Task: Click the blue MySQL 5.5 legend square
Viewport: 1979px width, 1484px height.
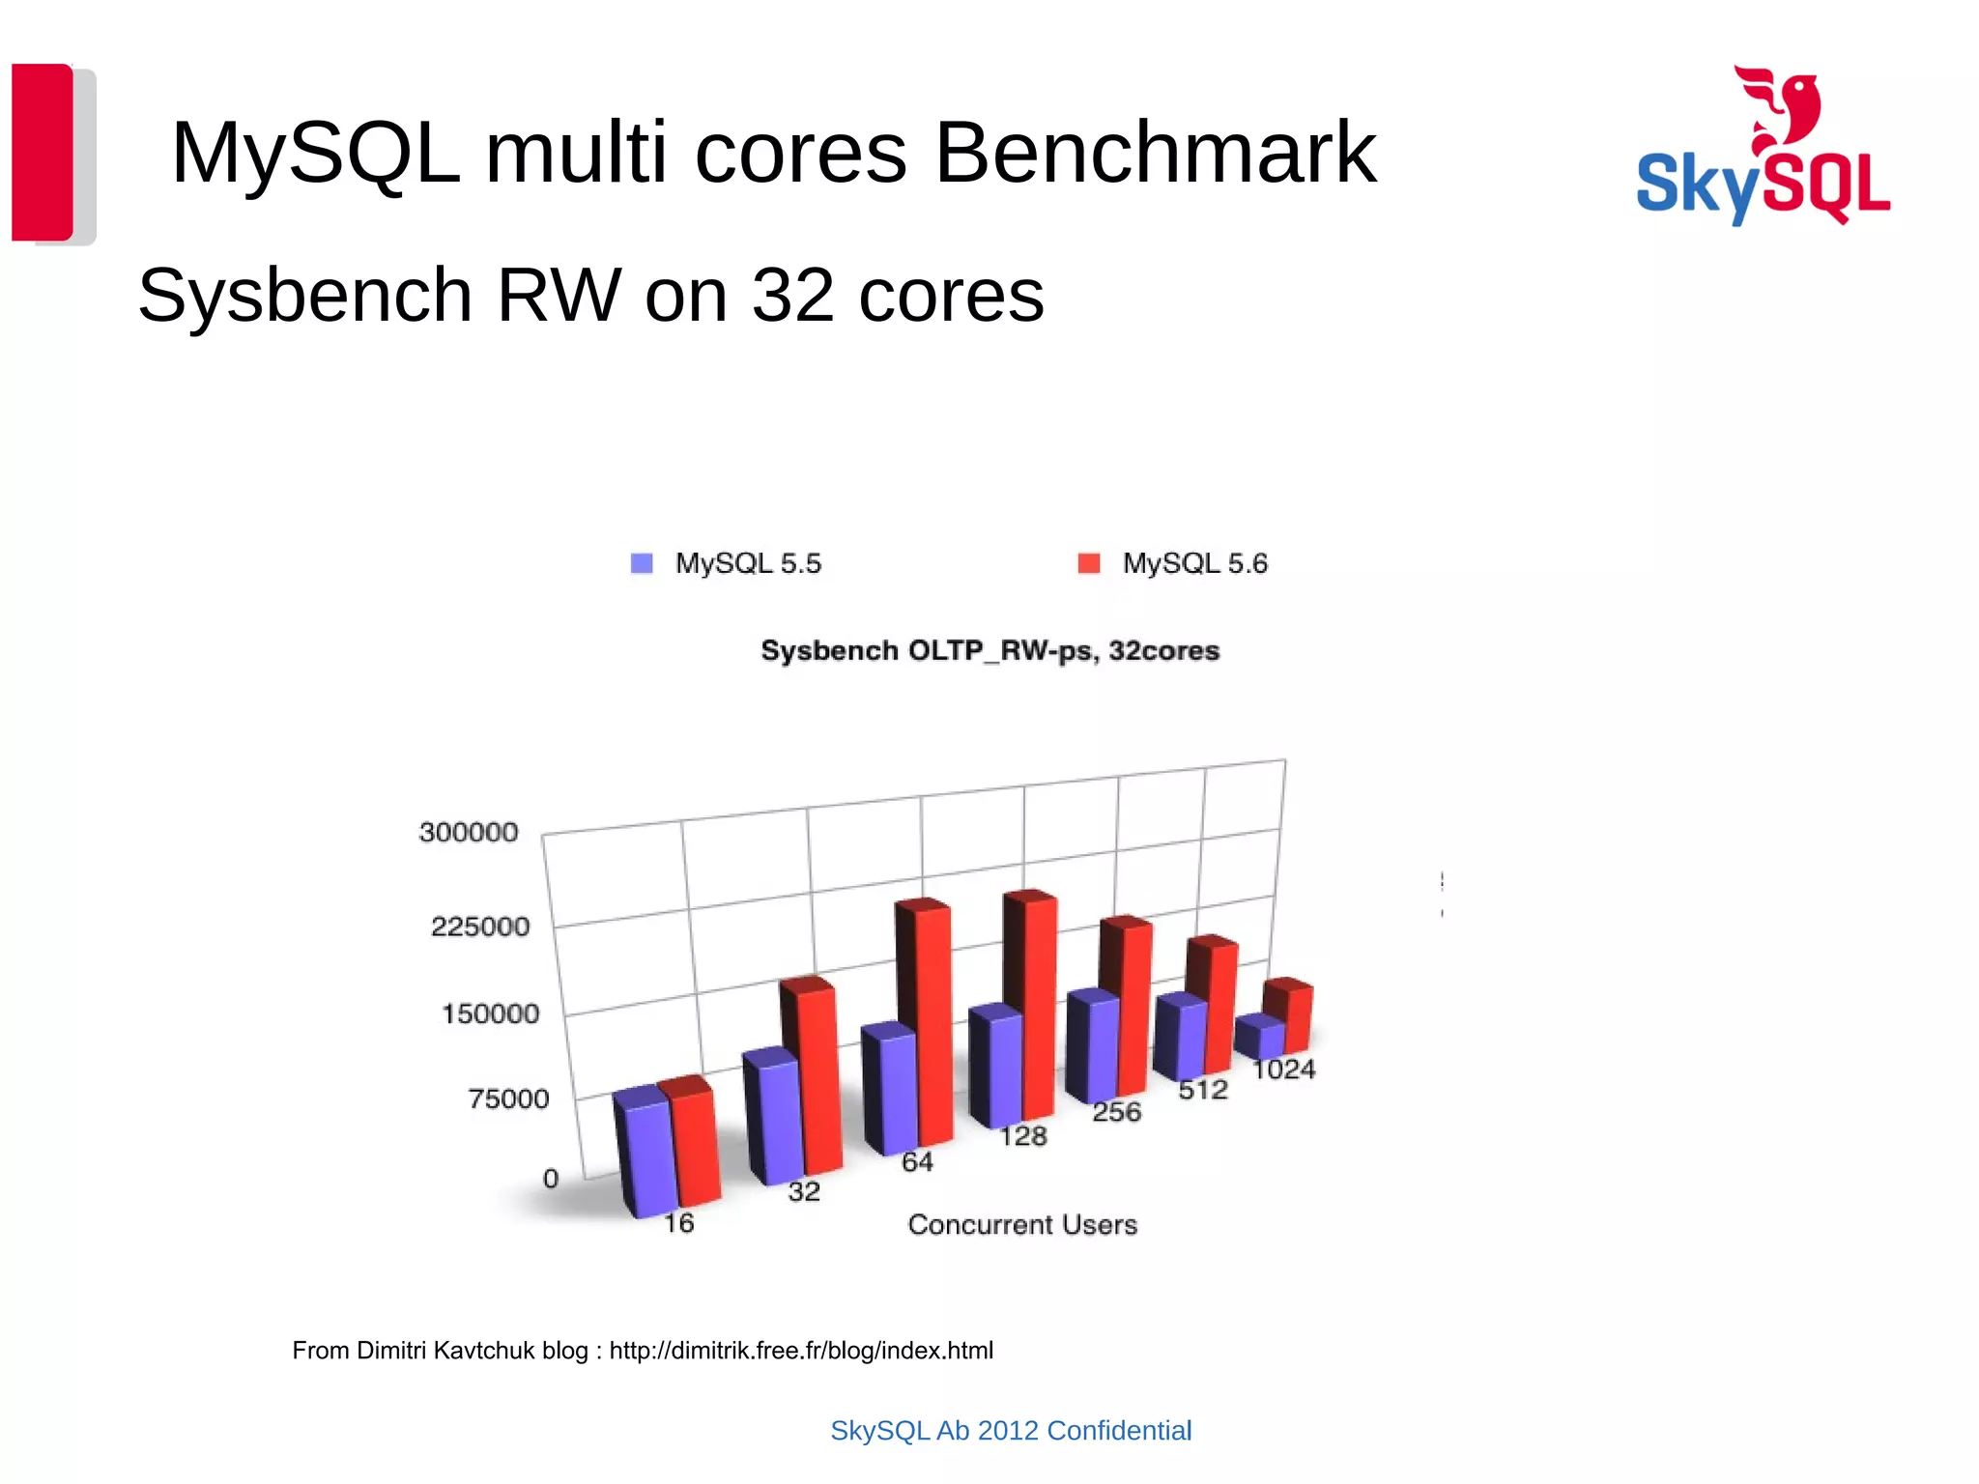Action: click(642, 563)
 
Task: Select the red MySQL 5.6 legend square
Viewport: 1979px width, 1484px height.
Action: click(1089, 563)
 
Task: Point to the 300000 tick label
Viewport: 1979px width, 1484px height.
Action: click(469, 832)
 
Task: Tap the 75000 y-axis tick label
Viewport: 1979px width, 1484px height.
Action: click(508, 1099)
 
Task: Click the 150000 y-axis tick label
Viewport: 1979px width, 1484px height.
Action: click(491, 1013)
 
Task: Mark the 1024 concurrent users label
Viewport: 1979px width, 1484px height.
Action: click(1283, 1070)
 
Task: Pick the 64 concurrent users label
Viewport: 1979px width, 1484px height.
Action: click(917, 1161)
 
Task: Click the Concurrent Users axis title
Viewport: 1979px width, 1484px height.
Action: click(1022, 1224)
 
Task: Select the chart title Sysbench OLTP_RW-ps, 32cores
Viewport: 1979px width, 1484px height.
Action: click(989, 650)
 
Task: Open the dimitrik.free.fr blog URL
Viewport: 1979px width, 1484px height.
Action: click(801, 1350)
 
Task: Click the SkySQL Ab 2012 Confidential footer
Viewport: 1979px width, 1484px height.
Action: click(1011, 1430)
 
